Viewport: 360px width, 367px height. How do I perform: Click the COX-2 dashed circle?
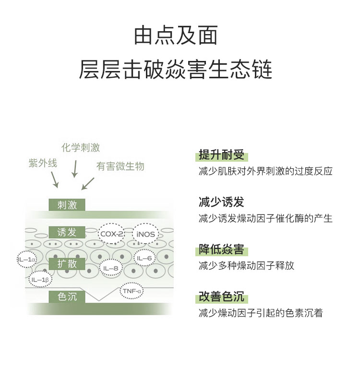pos(112,234)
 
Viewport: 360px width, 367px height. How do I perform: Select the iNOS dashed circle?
pos(145,234)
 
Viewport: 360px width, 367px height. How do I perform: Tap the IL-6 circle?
pos(144,258)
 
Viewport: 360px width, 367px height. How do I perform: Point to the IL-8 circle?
pos(110,268)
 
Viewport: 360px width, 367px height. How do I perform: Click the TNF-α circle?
pos(131,291)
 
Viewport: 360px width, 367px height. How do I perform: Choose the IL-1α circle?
pos(26,260)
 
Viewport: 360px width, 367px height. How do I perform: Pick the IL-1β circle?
pos(40,279)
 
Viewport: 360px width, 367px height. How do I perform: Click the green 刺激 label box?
pos(67,205)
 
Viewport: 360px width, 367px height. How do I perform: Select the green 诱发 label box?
pos(67,233)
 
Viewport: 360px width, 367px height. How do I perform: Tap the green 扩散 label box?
pos(67,264)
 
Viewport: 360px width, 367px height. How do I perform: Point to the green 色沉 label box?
pos(67,296)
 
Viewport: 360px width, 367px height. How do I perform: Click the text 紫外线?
pos(43,163)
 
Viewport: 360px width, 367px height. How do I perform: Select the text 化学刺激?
pos(81,148)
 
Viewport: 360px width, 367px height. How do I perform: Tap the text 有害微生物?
pos(120,166)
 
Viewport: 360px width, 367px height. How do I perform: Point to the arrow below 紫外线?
pos(55,179)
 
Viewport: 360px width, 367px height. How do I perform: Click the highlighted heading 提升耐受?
pos(221,155)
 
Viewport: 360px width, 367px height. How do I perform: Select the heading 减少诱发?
pos(221,202)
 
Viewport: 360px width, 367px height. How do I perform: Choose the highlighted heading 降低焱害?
pos(221,249)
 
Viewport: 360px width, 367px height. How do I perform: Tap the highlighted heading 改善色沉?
pos(221,297)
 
